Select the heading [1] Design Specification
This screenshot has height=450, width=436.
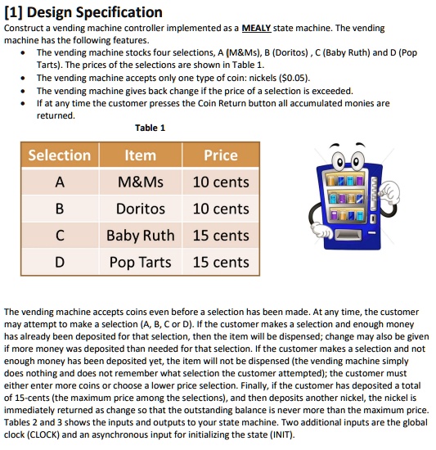pyautogui.click(x=83, y=11)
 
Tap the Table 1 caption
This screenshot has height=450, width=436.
pyautogui.click(x=151, y=128)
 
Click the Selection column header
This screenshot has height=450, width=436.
pyautogui.click(x=60, y=155)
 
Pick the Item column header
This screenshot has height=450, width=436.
pyautogui.click(x=141, y=155)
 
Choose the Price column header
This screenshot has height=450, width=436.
pyautogui.click(x=220, y=155)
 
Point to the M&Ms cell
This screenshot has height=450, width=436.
pyautogui.click(x=141, y=182)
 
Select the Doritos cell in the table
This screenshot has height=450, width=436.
pyautogui.click(x=141, y=209)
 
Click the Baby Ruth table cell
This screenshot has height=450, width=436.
pyautogui.click(x=141, y=236)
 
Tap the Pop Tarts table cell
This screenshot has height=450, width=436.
pyautogui.click(x=141, y=263)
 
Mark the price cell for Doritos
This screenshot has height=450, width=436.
pyautogui.click(x=220, y=209)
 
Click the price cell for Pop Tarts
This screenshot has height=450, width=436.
pyautogui.click(x=220, y=263)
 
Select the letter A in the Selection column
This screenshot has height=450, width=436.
pyautogui.click(x=60, y=182)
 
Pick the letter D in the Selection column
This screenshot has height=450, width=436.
pyautogui.click(x=60, y=263)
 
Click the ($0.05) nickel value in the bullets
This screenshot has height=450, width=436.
pyautogui.click(x=293, y=78)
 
